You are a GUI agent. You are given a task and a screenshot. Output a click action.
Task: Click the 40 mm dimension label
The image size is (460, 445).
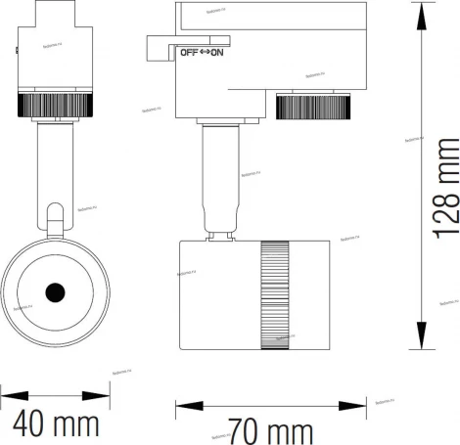(x=57, y=425)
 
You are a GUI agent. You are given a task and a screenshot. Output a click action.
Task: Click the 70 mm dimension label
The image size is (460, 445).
(x=270, y=430)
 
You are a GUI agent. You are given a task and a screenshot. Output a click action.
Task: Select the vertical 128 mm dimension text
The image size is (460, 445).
(x=446, y=202)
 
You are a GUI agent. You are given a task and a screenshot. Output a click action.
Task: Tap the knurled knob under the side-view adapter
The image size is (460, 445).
(x=313, y=106)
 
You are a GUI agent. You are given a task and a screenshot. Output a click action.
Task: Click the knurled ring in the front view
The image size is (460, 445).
(x=54, y=105)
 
